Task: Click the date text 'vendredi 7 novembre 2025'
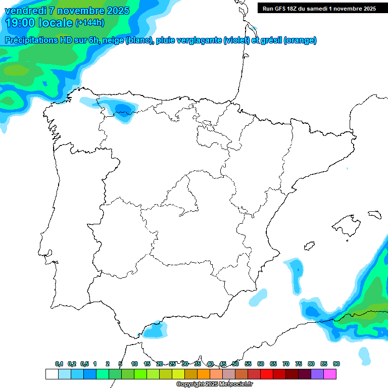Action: [x=67, y=11]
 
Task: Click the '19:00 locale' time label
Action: [x=39, y=23]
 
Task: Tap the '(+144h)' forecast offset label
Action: [x=90, y=23]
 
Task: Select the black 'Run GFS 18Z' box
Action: [x=319, y=8]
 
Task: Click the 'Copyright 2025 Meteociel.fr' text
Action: [x=214, y=384]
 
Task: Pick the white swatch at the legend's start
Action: [x=52, y=374]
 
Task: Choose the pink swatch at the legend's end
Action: [x=330, y=374]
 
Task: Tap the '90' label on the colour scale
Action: [x=336, y=364]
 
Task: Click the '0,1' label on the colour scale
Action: [x=59, y=364]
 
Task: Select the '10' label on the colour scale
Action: [x=134, y=364]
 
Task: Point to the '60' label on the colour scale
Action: [x=261, y=364]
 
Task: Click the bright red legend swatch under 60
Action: [x=267, y=374]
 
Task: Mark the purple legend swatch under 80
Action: [x=317, y=374]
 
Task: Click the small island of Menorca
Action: [x=374, y=214]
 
